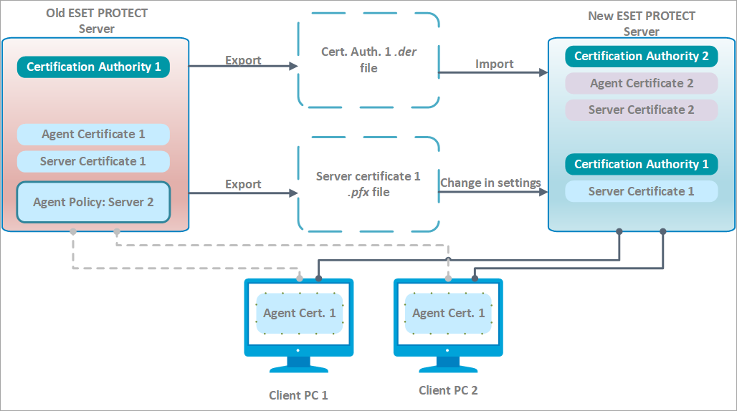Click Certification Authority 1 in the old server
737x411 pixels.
[93, 67]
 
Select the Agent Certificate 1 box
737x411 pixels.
[93, 135]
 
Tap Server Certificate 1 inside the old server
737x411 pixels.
[93, 161]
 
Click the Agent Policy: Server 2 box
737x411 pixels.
[93, 203]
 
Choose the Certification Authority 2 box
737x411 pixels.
[641, 56]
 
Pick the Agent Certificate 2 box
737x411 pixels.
[641, 83]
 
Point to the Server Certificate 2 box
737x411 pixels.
[641, 110]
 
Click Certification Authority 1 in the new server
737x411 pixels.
[641, 164]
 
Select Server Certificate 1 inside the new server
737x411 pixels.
[641, 191]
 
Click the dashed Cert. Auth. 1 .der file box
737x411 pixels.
[368, 61]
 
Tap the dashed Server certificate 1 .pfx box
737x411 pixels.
[368, 184]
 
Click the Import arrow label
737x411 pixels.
[494, 64]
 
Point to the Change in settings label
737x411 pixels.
[490, 183]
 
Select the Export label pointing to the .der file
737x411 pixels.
[243, 60]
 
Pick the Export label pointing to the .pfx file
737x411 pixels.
[243, 184]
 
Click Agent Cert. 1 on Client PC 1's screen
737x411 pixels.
[299, 313]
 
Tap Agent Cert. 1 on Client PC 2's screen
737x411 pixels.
[449, 313]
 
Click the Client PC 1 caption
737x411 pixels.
[298, 395]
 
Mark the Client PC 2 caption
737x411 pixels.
[448, 391]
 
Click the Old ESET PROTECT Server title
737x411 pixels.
[96, 21]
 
